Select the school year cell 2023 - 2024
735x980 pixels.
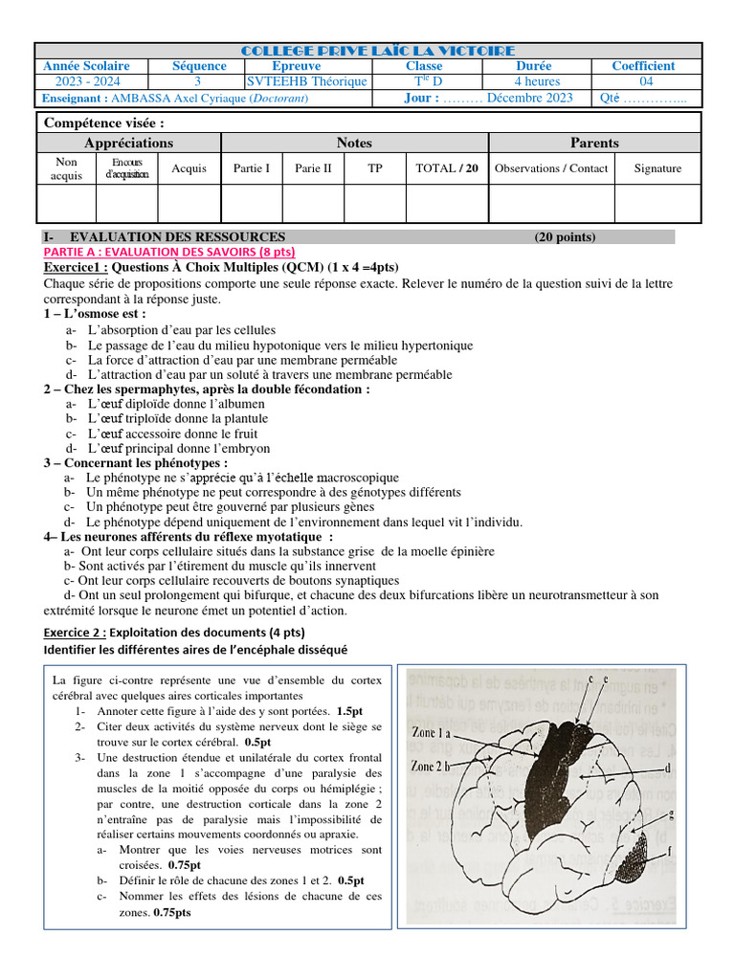[86, 82]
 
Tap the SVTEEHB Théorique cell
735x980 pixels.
[306, 82]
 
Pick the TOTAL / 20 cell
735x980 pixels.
[446, 168]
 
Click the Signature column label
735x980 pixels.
[657, 168]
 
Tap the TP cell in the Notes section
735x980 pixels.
[375, 168]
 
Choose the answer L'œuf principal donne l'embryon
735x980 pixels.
[178, 448]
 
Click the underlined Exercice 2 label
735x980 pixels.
[76, 633]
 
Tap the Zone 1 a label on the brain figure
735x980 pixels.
[431, 732]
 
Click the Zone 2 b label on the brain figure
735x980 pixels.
[431, 766]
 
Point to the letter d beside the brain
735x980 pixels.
[667, 768]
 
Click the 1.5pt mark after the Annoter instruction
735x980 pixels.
[350, 712]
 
